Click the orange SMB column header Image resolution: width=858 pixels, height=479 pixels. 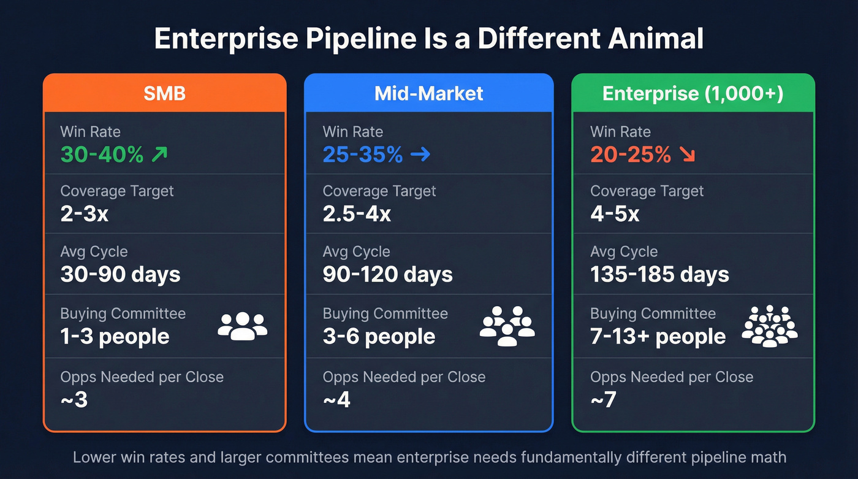(x=164, y=93)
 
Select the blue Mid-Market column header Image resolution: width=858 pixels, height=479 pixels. (x=428, y=93)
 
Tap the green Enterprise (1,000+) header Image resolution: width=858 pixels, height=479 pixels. (x=693, y=93)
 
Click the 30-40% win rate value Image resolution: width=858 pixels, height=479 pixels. (x=102, y=155)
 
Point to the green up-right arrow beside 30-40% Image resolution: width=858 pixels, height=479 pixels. (x=159, y=155)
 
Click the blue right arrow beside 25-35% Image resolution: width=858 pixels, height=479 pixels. (x=420, y=155)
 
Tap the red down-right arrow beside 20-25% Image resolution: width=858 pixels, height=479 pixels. (x=687, y=155)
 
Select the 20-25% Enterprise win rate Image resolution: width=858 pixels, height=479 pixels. (x=630, y=155)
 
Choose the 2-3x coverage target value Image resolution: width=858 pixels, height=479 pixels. (x=85, y=214)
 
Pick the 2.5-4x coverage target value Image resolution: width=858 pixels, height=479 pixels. (x=357, y=214)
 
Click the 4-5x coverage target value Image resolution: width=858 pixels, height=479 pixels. (x=615, y=214)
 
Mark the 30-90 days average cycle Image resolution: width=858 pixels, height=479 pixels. (x=120, y=274)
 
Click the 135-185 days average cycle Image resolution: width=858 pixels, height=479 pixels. (x=659, y=274)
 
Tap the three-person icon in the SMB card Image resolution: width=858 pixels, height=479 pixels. (x=243, y=326)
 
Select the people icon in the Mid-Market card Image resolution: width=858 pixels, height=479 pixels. (x=507, y=326)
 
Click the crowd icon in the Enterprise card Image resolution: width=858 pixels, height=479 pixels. (x=770, y=326)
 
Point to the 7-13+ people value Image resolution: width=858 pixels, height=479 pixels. (x=658, y=337)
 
